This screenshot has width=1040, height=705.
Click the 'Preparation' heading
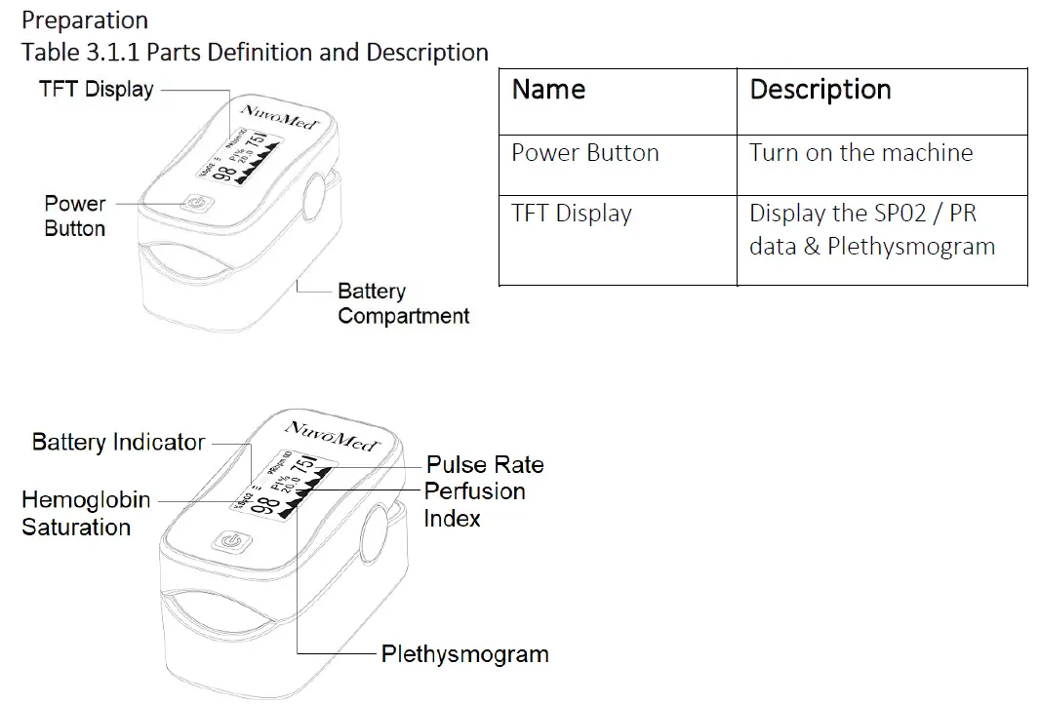(x=85, y=20)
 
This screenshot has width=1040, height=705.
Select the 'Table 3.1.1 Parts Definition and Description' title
(x=255, y=52)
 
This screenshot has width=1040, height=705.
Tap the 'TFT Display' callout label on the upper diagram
(x=97, y=90)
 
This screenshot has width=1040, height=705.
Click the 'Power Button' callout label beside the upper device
(x=75, y=215)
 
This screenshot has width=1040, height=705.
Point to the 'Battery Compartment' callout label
(x=403, y=303)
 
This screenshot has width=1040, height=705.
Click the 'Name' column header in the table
(x=548, y=90)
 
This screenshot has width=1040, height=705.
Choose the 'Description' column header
(x=820, y=90)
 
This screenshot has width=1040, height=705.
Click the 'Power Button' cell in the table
(x=584, y=153)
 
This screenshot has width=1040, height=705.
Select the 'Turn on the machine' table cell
(x=860, y=153)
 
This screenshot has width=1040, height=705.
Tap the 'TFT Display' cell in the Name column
(x=571, y=214)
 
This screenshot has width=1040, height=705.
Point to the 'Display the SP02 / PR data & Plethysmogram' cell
(x=871, y=230)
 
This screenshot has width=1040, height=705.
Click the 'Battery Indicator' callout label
(x=118, y=442)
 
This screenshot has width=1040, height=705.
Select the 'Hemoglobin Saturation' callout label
(x=86, y=514)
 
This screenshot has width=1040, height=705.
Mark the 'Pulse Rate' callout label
(x=485, y=464)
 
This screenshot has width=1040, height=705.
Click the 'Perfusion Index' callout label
(x=474, y=504)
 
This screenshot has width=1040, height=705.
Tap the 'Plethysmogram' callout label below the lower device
(x=464, y=653)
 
